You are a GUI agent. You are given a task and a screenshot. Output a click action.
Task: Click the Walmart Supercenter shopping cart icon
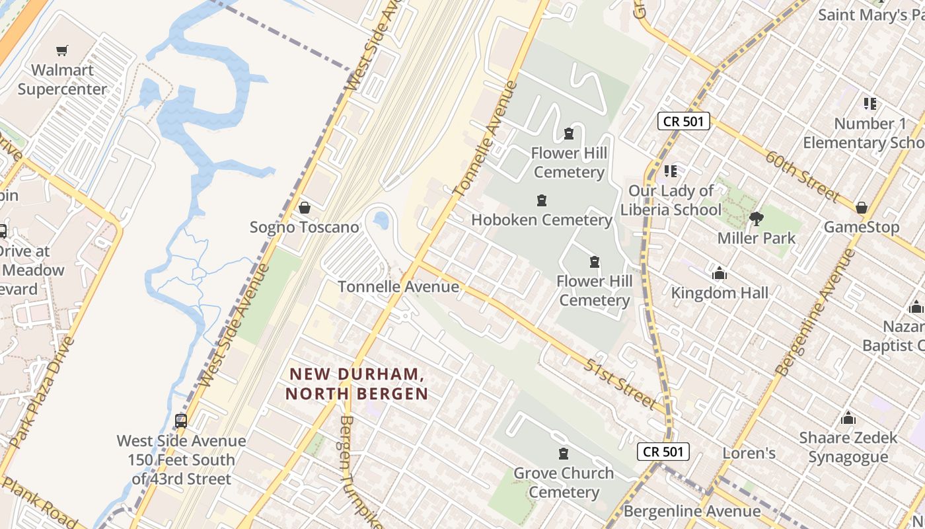(x=62, y=51)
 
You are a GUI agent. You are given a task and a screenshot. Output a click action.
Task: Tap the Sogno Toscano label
(x=304, y=227)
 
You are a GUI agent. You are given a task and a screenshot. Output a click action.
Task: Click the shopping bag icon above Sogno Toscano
(x=305, y=208)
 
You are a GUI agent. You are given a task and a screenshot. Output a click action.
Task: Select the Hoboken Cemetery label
(x=542, y=220)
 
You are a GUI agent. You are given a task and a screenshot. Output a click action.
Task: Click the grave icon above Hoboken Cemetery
(x=542, y=200)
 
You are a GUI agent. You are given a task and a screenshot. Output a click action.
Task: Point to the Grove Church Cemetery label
(x=564, y=483)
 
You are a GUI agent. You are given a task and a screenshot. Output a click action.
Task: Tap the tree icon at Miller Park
(x=757, y=218)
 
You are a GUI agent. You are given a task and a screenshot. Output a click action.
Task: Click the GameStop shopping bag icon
(x=861, y=208)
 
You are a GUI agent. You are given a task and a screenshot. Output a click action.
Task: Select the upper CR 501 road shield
(x=684, y=121)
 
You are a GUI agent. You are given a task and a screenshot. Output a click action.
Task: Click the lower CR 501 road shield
(x=664, y=452)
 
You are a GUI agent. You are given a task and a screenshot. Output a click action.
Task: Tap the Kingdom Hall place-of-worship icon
(x=720, y=273)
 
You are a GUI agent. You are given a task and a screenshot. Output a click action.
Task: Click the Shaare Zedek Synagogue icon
(x=848, y=418)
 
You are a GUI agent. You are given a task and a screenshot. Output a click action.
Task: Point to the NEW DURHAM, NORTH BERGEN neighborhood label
(x=357, y=384)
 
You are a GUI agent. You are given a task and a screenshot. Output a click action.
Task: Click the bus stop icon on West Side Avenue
(x=180, y=421)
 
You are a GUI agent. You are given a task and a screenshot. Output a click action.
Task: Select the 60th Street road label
(x=803, y=177)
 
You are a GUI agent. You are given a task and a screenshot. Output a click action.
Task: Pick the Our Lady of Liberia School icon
(x=671, y=171)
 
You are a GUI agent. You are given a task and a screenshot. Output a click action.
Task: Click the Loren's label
(x=749, y=454)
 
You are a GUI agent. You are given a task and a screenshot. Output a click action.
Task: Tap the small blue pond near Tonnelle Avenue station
(x=381, y=220)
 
